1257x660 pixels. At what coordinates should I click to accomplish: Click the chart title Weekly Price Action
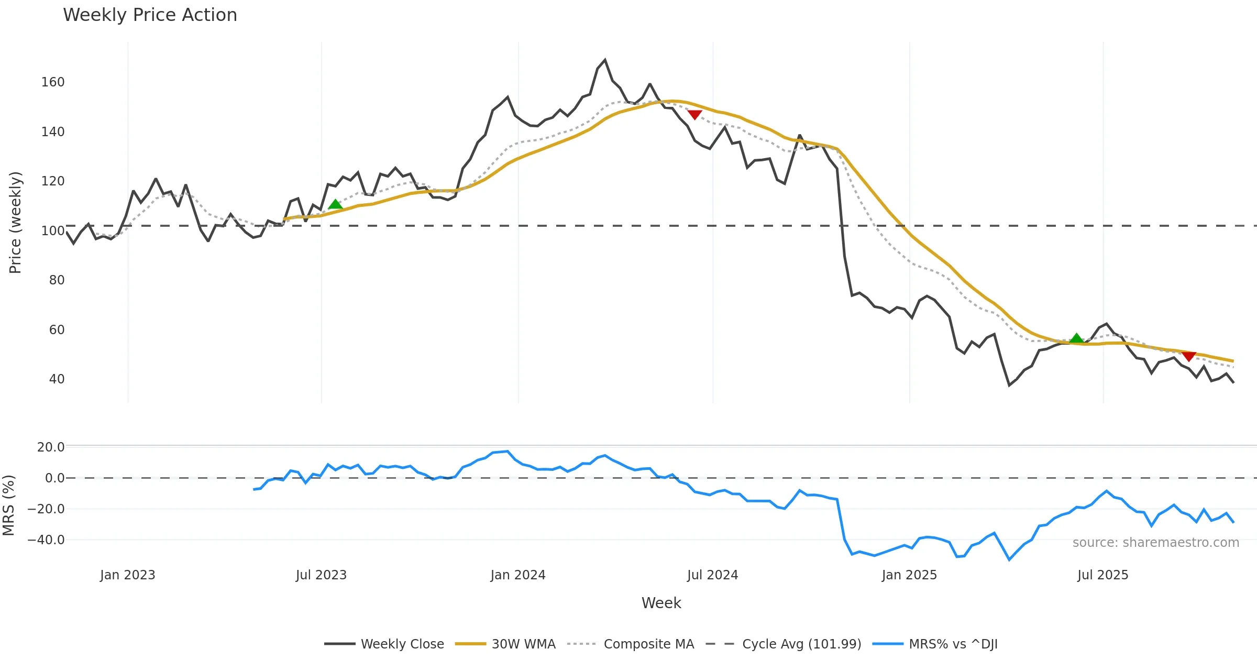pyautogui.click(x=150, y=15)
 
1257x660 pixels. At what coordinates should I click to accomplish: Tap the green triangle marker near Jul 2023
pyautogui.click(x=335, y=204)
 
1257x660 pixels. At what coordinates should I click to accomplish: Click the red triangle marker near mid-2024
pyautogui.click(x=694, y=115)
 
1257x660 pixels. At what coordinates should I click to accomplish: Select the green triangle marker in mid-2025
pyautogui.click(x=1076, y=338)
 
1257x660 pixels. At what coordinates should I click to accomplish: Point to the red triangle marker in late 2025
pyautogui.click(x=1189, y=356)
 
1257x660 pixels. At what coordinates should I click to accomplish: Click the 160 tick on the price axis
pyautogui.click(x=53, y=82)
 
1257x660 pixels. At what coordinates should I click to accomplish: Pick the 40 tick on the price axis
pyautogui.click(x=57, y=379)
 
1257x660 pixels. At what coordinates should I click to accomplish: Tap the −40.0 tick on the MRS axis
pyautogui.click(x=46, y=540)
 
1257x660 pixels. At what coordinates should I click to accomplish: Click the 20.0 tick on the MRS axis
pyautogui.click(x=51, y=447)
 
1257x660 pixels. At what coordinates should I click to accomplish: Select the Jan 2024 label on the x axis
pyautogui.click(x=518, y=575)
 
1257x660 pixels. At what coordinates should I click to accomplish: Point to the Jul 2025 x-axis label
pyautogui.click(x=1102, y=575)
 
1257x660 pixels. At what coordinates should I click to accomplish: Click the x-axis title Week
pyautogui.click(x=661, y=603)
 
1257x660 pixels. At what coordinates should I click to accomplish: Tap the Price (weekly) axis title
pyautogui.click(x=15, y=223)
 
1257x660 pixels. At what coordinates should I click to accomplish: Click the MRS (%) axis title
pyautogui.click(x=8, y=505)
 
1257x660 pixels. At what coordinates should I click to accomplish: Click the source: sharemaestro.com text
pyautogui.click(x=1155, y=543)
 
